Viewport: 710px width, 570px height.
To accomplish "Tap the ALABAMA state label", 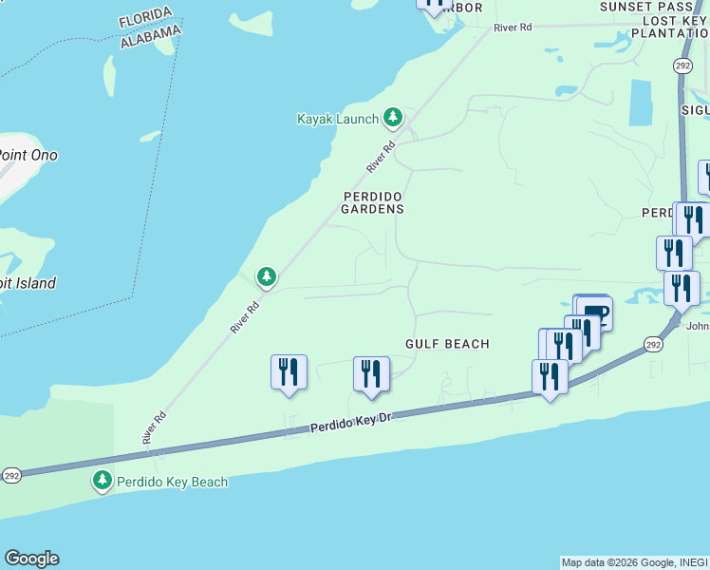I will (151, 37).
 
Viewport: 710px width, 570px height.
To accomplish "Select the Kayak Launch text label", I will (338, 119).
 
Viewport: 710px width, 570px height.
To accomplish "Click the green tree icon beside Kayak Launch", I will (393, 118).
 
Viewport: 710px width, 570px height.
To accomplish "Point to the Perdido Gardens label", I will (373, 201).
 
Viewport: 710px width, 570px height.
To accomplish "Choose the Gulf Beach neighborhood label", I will (447, 344).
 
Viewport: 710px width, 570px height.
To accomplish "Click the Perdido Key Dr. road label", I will (351, 424).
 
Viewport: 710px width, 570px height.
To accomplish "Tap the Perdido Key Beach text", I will (172, 482).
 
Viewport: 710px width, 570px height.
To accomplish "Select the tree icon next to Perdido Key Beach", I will (103, 482).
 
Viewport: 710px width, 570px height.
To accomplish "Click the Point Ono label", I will (27, 155).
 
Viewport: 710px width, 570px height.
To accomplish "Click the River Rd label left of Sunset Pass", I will (513, 28).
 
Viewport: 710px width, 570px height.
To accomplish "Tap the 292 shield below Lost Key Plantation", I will (682, 65).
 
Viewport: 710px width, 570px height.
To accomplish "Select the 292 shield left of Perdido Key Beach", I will (10, 476).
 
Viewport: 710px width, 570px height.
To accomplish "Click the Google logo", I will (31, 559).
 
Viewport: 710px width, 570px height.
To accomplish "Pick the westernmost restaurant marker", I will (289, 372).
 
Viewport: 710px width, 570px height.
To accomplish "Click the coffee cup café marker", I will (595, 312).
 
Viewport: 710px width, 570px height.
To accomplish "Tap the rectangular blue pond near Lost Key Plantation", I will (641, 103).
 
